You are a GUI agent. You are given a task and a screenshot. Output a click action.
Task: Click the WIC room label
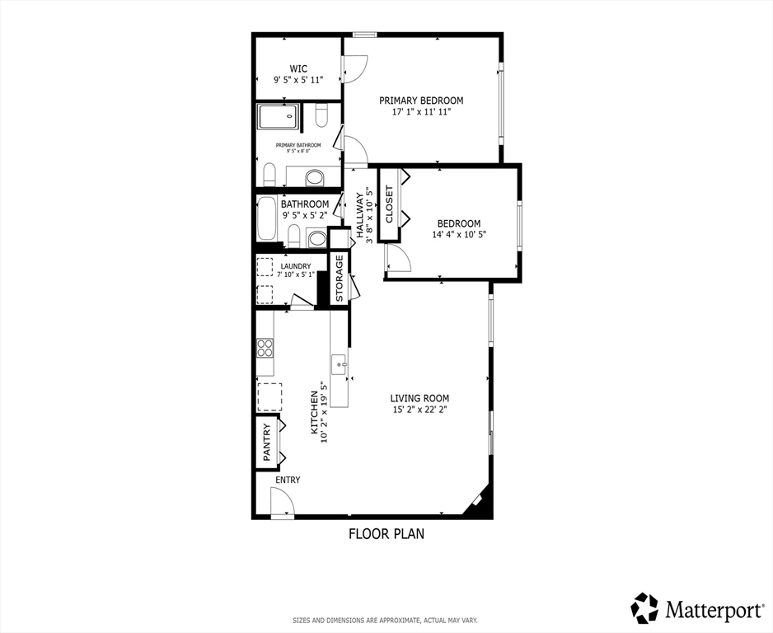coord(298,68)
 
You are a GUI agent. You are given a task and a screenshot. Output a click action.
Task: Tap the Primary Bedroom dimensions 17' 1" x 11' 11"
coord(421,112)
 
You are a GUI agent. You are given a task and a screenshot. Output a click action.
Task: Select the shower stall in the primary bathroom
coord(278,116)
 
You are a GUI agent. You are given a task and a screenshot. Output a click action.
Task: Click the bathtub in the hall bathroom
coord(267,219)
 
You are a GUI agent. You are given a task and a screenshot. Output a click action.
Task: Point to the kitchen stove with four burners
coord(265,348)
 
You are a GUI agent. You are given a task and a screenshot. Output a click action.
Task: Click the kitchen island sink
coord(340,365)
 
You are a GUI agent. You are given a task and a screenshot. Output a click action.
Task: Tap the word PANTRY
coord(267,443)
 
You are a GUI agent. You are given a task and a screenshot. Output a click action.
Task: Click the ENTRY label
coord(288,481)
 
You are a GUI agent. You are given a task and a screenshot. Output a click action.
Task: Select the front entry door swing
coord(283,501)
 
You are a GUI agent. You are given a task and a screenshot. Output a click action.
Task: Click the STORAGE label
coord(340,278)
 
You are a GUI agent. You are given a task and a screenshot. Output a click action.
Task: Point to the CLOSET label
coord(389,204)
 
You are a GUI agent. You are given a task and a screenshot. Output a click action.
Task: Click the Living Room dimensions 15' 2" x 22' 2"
coord(419,409)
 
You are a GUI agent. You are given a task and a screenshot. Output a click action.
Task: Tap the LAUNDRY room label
coord(296,266)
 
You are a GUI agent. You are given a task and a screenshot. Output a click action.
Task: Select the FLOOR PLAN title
coord(386,533)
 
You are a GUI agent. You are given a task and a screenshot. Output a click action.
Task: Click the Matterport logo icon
coord(645,608)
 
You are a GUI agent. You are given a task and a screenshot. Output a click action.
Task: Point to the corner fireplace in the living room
coord(476,501)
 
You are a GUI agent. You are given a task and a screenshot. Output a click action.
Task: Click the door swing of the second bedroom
coord(398,257)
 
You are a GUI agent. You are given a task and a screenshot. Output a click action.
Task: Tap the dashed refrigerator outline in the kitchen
coord(269,396)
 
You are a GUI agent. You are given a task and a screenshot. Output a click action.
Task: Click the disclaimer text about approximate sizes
coord(386,620)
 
